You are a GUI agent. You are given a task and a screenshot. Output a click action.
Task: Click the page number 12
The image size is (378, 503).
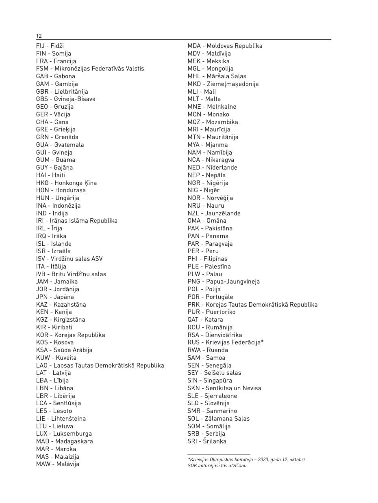click(39, 36)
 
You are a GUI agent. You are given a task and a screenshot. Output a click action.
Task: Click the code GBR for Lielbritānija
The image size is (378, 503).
click(42, 92)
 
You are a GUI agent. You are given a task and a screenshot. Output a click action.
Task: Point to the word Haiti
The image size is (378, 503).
click(58, 175)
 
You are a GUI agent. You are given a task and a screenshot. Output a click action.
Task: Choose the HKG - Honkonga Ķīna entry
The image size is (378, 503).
click(66, 183)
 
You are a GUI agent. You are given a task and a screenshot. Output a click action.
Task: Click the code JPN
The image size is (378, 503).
click(42, 297)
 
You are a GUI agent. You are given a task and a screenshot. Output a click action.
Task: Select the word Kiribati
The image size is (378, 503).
click(62, 327)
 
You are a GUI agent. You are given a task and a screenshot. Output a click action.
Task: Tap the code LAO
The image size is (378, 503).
click(42, 365)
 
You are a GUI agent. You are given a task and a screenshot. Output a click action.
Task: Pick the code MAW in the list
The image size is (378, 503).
click(43, 464)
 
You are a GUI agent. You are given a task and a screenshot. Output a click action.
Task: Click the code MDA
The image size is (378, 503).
click(194, 46)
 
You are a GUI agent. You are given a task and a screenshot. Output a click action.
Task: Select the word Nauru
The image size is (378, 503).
click(215, 206)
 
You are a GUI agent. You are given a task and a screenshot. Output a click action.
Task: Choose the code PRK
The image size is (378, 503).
click(193, 305)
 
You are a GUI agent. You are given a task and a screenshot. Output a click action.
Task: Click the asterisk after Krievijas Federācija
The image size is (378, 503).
click(262, 342)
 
